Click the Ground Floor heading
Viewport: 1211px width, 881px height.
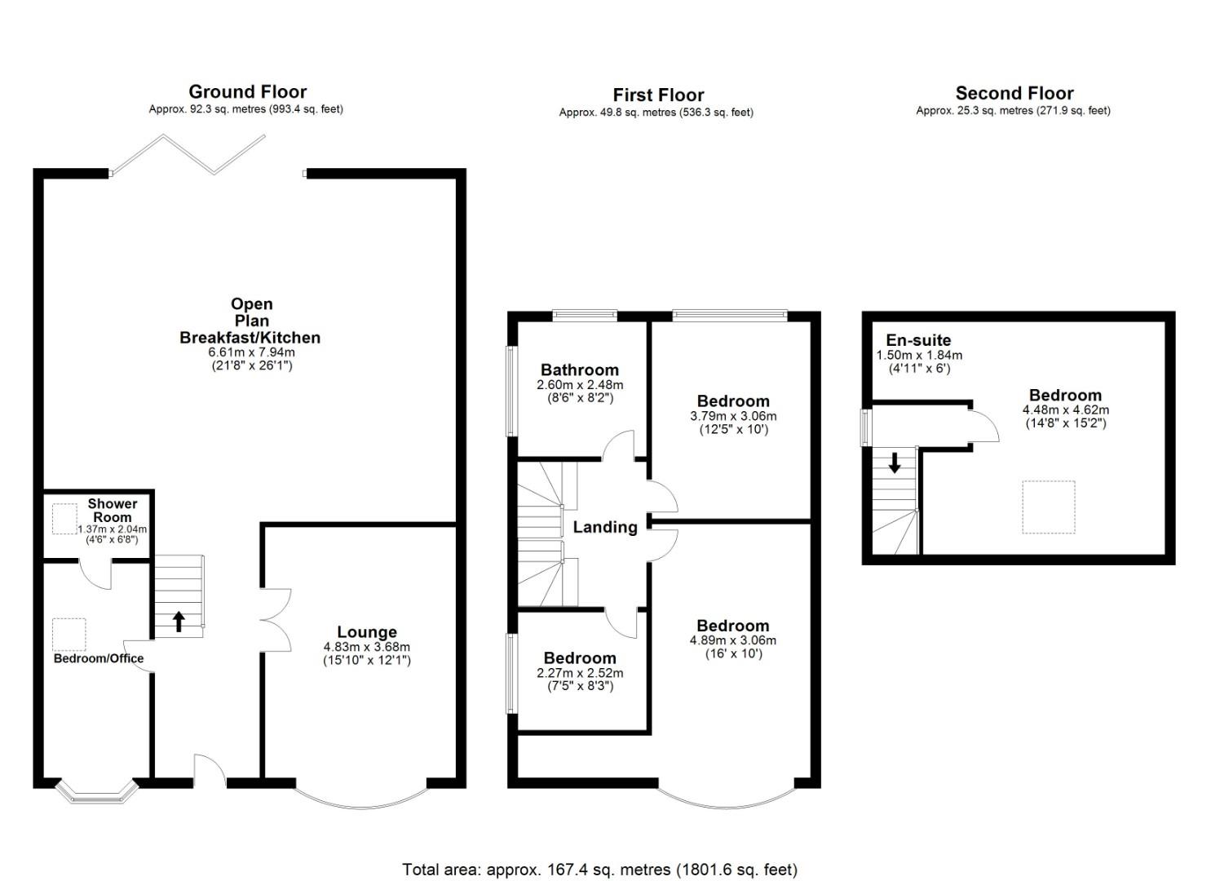click(247, 91)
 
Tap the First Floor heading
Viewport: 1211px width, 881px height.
click(658, 95)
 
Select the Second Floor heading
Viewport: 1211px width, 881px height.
click(1014, 93)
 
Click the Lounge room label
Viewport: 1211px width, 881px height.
click(367, 632)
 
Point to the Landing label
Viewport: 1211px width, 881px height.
click(605, 527)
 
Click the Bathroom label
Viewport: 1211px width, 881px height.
click(579, 370)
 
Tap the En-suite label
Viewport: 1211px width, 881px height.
click(918, 340)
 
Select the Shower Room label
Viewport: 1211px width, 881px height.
click(113, 511)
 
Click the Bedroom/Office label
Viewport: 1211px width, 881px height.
click(99, 658)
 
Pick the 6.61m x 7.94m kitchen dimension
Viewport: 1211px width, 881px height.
click(251, 352)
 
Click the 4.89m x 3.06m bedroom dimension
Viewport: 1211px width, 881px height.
click(732, 640)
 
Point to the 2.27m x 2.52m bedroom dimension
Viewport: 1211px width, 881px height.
click(580, 673)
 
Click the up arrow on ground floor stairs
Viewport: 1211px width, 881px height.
click(179, 622)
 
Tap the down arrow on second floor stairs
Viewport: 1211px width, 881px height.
click(895, 463)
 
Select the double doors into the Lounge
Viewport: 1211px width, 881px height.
click(277, 620)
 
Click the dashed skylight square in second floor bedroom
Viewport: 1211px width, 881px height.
click(1049, 507)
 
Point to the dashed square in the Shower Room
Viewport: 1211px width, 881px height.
click(64, 519)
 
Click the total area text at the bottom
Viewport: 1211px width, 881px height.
click(599, 870)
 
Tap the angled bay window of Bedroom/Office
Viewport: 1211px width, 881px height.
click(95, 792)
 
